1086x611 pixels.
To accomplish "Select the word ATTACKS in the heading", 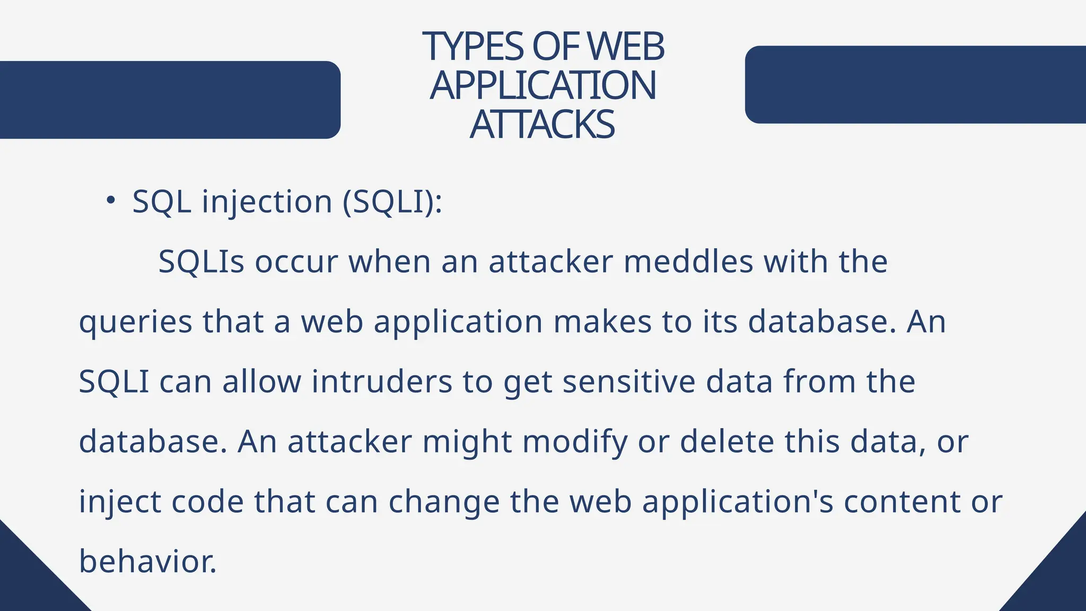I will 542,125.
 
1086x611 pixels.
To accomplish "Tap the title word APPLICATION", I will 543,85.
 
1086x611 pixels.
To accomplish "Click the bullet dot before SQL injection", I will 110,200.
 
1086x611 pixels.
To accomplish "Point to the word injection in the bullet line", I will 267,202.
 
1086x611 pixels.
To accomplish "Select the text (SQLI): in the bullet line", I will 392,202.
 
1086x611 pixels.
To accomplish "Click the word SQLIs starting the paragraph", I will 202,261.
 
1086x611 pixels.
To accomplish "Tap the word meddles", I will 688,261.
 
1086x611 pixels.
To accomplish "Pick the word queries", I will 135,322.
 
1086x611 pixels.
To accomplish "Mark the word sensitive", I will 628,382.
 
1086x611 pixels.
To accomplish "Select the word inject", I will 120,502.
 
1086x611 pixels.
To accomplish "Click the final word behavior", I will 148,562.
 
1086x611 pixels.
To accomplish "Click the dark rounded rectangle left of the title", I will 170,100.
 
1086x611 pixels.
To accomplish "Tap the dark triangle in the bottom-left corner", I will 27,583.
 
